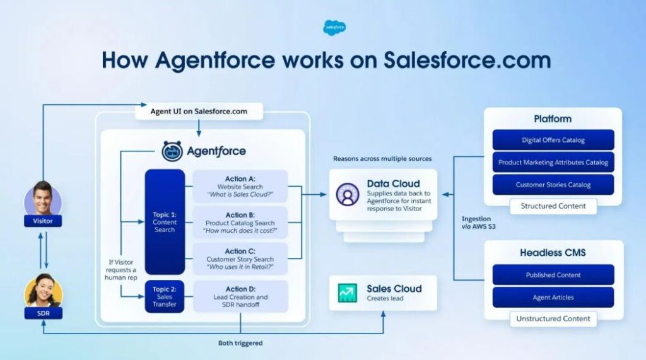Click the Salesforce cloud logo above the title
335,27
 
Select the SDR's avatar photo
43,291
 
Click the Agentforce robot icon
172,151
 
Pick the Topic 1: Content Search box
165,221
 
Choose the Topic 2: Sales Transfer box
165,297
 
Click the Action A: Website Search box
240,186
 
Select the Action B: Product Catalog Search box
240,223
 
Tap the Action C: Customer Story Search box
240,259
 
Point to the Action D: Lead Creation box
240,297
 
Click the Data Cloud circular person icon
347,194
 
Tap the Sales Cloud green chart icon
347,293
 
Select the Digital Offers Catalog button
553,140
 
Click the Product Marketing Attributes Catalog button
553,162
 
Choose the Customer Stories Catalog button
553,185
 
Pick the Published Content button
553,275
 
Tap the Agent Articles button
553,298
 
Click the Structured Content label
553,206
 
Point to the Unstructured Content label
553,318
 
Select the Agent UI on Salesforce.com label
199,112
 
